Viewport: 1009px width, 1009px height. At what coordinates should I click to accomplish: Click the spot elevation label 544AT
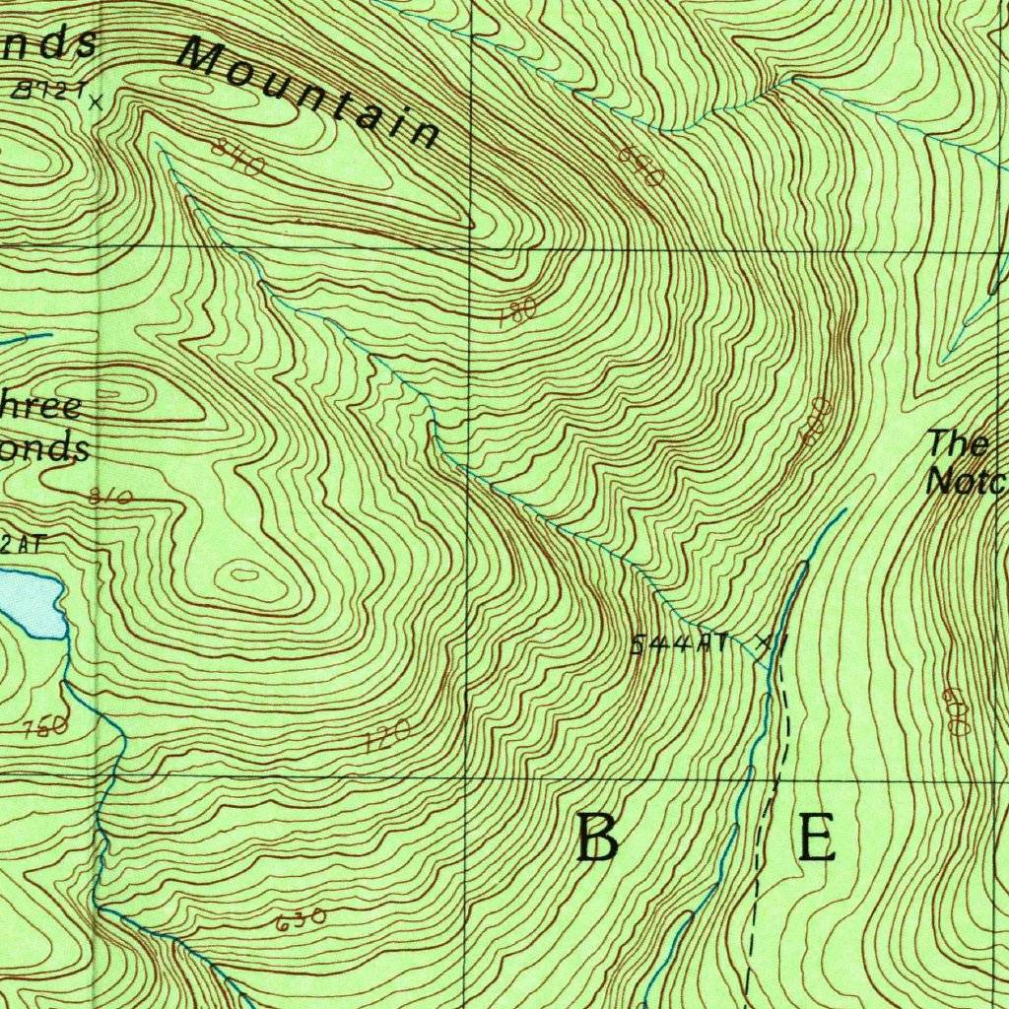click(681, 645)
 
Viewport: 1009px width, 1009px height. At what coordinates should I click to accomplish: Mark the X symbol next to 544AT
click(762, 642)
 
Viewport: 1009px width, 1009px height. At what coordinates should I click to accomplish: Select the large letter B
click(598, 839)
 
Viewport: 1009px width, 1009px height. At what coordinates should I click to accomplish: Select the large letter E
click(817, 839)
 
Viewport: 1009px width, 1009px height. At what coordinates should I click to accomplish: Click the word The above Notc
click(958, 443)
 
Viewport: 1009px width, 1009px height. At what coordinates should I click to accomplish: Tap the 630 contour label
click(301, 921)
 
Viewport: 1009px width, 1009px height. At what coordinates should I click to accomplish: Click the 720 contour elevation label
click(386, 738)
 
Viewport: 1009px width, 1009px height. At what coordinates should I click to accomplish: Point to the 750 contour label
click(45, 727)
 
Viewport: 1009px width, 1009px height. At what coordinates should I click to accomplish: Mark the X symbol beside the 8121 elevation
click(96, 100)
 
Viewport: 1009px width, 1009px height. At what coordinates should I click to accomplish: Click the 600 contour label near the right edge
click(956, 709)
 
